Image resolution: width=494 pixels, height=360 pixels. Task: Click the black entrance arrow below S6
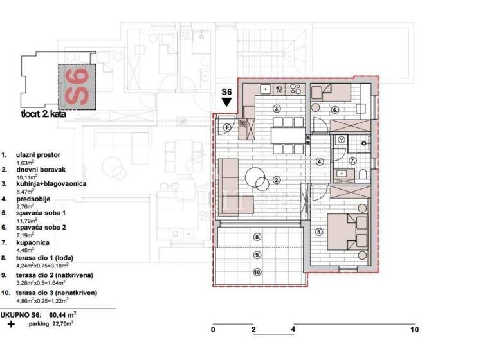point(226,102)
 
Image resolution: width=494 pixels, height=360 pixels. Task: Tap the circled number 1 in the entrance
point(228,127)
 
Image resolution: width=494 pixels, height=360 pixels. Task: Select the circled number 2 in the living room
point(277,180)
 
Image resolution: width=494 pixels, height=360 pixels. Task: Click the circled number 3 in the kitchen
point(277,109)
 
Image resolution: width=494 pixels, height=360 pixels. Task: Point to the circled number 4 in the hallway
point(320,161)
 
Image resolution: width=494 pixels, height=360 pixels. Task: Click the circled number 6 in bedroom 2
point(334,110)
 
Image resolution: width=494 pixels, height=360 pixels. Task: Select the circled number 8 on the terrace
point(257,237)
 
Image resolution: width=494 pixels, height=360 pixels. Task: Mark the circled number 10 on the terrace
point(257,273)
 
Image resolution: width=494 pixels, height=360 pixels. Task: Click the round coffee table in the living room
point(256,177)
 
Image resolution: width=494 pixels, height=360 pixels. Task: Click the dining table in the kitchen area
point(287,136)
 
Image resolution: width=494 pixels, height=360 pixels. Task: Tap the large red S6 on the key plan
point(76,88)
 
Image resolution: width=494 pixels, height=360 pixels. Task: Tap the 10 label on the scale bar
point(414,330)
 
